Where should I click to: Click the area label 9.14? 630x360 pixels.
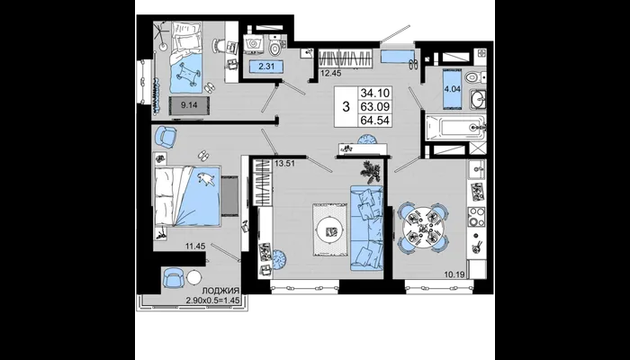pos(188,105)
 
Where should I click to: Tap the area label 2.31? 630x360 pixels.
pos(266,67)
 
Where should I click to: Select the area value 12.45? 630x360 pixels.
pos(328,73)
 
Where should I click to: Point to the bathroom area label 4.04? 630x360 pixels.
pos(452,89)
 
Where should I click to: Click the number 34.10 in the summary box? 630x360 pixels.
pos(375,94)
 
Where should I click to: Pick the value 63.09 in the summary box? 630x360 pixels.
pos(375,107)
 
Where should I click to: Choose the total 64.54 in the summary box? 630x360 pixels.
pos(375,120)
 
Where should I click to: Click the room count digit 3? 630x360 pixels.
pos(346,107)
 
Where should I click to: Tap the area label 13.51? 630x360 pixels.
pos(283,163)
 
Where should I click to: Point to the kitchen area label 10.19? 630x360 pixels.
pos(454,274)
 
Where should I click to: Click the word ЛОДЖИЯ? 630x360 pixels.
pos(220,291)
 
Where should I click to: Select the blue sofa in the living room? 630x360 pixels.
pos(366,228)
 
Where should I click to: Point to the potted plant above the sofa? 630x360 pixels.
pos(368,170)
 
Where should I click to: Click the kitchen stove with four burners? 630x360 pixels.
pos(476,217)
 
